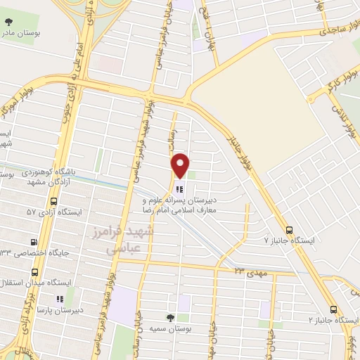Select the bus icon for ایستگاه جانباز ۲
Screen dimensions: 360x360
pyautogui.click(x=333, y=309)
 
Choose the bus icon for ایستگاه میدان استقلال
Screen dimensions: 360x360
pyautogui.click(x=35, y=271)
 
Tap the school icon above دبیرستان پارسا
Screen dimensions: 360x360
pyautogui.click(x=60, y=298)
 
